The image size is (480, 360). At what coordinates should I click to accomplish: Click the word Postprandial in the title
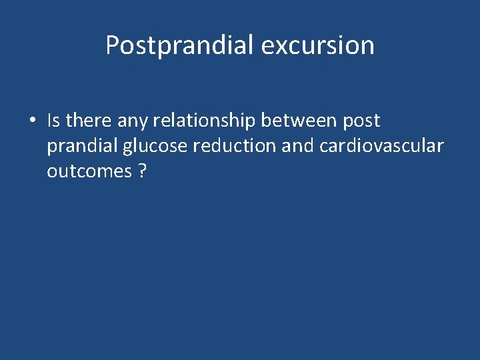pos(180,45)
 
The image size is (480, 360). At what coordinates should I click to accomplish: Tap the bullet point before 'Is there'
pos(32,121)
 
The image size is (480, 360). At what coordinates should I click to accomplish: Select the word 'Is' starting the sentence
pos(53,121)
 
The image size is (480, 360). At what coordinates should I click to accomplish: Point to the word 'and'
pos(297,146)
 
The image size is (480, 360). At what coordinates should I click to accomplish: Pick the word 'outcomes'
pos(89,171)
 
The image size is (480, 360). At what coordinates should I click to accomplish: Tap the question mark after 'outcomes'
pos(142,171)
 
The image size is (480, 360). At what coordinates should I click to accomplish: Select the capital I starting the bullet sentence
pos(49,121)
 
